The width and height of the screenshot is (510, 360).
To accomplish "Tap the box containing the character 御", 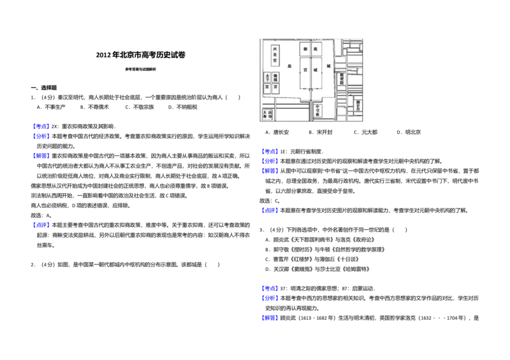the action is pyautogui.click(x=305, y=49).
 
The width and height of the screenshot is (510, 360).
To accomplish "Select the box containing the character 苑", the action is pyautogui.click(x=317, y=49).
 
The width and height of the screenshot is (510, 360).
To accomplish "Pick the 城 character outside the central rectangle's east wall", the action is pyautogui.click(x=329, y=66).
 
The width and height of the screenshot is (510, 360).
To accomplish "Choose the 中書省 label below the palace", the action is pyautogui.click(x=317, y=109).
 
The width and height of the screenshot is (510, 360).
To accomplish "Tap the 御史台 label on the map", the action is pyautogui.click(x=358, y=105).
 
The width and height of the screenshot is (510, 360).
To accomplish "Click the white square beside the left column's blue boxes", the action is pyautogui.click(x=120, y=130).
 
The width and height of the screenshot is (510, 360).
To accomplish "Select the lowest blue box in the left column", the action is pyautogui.click(x=41, y=224).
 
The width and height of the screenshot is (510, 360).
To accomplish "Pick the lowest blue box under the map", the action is pyautogui.click(x=270, y=317).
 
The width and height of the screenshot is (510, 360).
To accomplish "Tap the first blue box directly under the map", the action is pyautogui.click(x=270, y=152).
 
